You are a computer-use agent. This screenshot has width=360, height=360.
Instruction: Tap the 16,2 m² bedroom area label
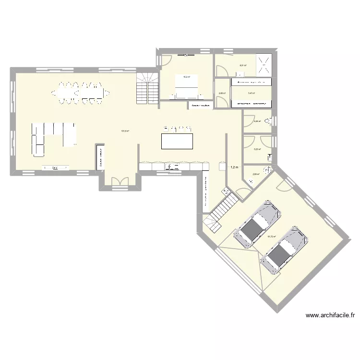click(x=187, y=77)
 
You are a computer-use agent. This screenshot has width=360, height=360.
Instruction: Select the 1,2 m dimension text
click(x=235, y=168)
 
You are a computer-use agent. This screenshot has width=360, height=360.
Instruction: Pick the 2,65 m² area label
click(x=222, y=94)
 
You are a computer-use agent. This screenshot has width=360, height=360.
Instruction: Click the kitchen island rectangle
click(x=177, y=142)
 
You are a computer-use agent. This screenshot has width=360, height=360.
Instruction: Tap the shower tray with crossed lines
click(x=264, y=64)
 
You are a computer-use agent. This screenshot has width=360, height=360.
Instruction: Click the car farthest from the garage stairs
click(x=283, y=250)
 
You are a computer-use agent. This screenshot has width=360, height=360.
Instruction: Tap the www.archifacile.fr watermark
click(x=330, y=315)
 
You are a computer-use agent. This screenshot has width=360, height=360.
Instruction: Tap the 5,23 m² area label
click(x=257, y=149)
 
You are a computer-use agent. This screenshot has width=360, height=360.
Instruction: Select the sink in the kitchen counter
click(x=172, y=167)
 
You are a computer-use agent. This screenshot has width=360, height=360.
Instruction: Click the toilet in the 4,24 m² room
click(x=273, y=121)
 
